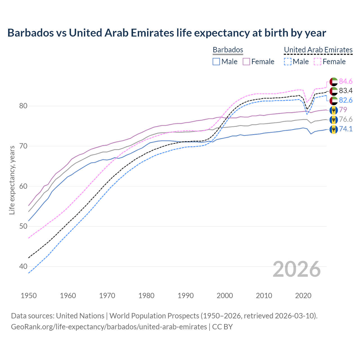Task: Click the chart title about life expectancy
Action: pos(166,33)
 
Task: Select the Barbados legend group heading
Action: pos(228,50)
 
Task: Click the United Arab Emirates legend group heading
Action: pos(318,50)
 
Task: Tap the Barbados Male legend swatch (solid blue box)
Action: pos(216,62)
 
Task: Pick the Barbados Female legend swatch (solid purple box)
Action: pos(246,62)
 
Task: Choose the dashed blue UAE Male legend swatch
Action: pos(287,62)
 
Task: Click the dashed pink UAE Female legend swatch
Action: pos(318,62)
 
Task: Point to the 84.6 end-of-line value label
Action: pos(346,81)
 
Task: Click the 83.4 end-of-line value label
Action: pos(346,91)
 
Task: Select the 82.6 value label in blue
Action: pos(346,100)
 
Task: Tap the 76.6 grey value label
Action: pos(346,119)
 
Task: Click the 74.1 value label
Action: pos(346,129)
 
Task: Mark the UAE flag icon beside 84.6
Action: pos(334,82)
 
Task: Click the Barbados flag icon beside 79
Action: pos(334,110)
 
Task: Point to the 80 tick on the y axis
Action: pos(23,106)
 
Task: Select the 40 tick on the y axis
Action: pos(23,266)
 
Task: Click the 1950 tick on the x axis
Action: pos(29,296)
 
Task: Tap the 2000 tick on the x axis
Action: pos(225,296)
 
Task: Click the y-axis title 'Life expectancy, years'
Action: pos(12,180)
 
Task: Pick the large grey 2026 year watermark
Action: pos(297,269)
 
